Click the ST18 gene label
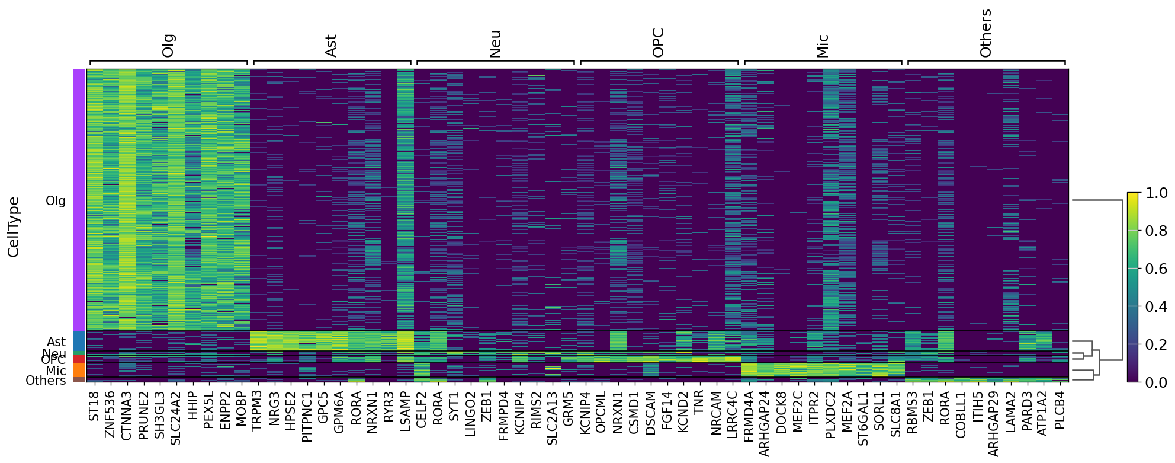click(94, 406)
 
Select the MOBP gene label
click(241, 408)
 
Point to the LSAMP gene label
click(405, 411)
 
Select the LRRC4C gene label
click(733, 414)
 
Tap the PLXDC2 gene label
click(831, 414)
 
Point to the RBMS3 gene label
click(913, 411)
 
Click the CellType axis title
click(14, 227)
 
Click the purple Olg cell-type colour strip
click(79, 200)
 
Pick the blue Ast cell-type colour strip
click(79, 341)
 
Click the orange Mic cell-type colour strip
click(79, 370)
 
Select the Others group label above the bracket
click(985, 34)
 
